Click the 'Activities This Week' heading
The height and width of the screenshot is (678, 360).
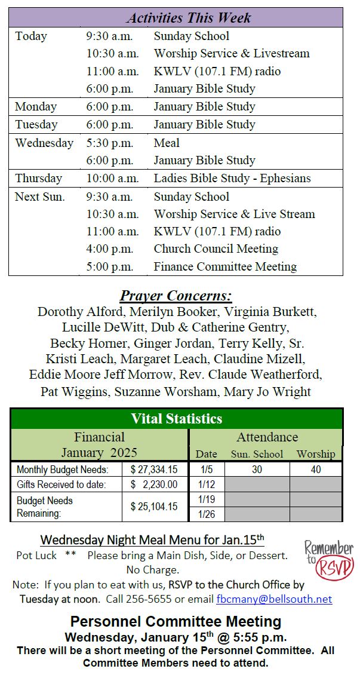click(189, 17)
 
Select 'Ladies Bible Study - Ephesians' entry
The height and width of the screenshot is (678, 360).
click(232, 178)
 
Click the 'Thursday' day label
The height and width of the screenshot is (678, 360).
click(38, 178)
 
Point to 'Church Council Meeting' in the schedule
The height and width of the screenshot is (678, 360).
click(216, 249)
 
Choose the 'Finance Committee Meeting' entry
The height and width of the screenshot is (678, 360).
click(225, 266)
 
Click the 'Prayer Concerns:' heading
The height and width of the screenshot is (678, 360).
click(176, 296)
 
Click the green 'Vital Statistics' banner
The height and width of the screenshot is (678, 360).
click(176, 418)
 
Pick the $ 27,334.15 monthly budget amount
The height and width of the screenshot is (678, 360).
click(154, 470)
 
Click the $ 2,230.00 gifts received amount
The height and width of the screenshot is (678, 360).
click(154, 484)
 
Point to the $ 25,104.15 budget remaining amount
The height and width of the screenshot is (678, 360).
click(154, 507)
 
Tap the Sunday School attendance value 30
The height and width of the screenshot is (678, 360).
click(257, 470)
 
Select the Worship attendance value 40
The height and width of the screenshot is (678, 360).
click(316, 470)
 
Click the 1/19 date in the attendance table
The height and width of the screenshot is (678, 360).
click(207, 499)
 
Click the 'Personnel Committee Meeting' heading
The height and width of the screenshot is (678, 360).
click(176, 621)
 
